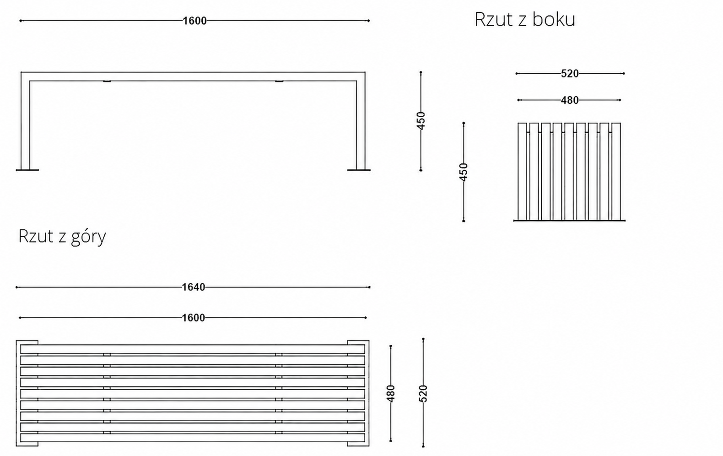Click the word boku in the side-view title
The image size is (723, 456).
click(554, 19)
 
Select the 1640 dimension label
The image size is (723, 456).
click(194, 287)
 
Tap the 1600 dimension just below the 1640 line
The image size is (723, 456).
click(194, 318)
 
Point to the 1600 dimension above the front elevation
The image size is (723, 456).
click(194, 21)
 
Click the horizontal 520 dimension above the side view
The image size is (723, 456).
click(570, 74)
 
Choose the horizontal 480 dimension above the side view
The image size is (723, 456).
click(570, 100)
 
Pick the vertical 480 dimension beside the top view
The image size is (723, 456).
click(391, 393)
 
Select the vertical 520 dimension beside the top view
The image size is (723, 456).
click(423, 393)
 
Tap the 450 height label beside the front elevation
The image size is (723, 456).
click(421, 120)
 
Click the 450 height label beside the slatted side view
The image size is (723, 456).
click(464, 172)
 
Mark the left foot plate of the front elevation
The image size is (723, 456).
click(27, 170)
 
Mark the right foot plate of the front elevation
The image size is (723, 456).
click(359, 170)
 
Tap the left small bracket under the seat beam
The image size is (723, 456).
click(107, 81)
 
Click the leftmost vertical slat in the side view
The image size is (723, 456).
click(522, 172)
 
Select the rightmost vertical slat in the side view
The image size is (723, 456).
click(616, 172)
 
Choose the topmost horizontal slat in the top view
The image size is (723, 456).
click(193, 349)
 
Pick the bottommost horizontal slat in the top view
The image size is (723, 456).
click(193, 438)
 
